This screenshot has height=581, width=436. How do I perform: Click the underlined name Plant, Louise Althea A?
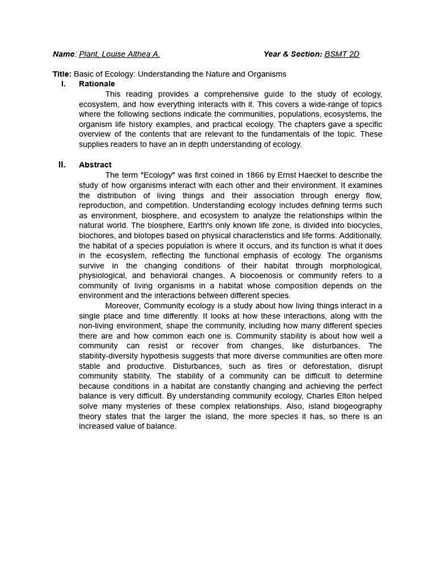pyautogui.click(x=119, y=54)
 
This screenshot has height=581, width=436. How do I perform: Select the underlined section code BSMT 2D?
pyautogui.click(x=342, y=54)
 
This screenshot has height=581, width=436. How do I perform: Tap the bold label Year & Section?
pyautogui.click(x=292, y=54)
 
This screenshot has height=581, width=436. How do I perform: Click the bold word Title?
pyautogui.click(x=61, y=74)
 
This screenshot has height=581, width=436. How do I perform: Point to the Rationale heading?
pyautogui.click(x=97, y=84)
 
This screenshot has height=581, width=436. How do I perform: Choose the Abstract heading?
pyautogui.click(x=95, y=165)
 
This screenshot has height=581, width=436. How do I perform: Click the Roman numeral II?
pyautogui.click(x=62, y=165)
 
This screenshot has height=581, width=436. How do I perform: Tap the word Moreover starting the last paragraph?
pyautogui.click(x=123, y=306)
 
